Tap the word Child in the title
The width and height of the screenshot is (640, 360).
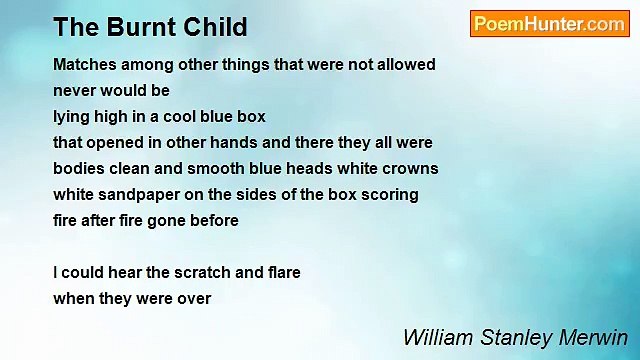[x=208, y=27]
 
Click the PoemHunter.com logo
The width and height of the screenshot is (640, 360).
[x=549, y=24]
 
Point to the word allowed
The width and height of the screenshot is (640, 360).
[x=405, y=65]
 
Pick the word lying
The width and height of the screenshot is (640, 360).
[x=72, y=117]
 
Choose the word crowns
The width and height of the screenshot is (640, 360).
[x=410, y=169]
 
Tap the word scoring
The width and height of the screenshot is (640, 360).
[x=389, y=195]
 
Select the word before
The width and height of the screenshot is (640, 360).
[x=212, y=221]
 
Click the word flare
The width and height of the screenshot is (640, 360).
[x=281, y=272]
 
